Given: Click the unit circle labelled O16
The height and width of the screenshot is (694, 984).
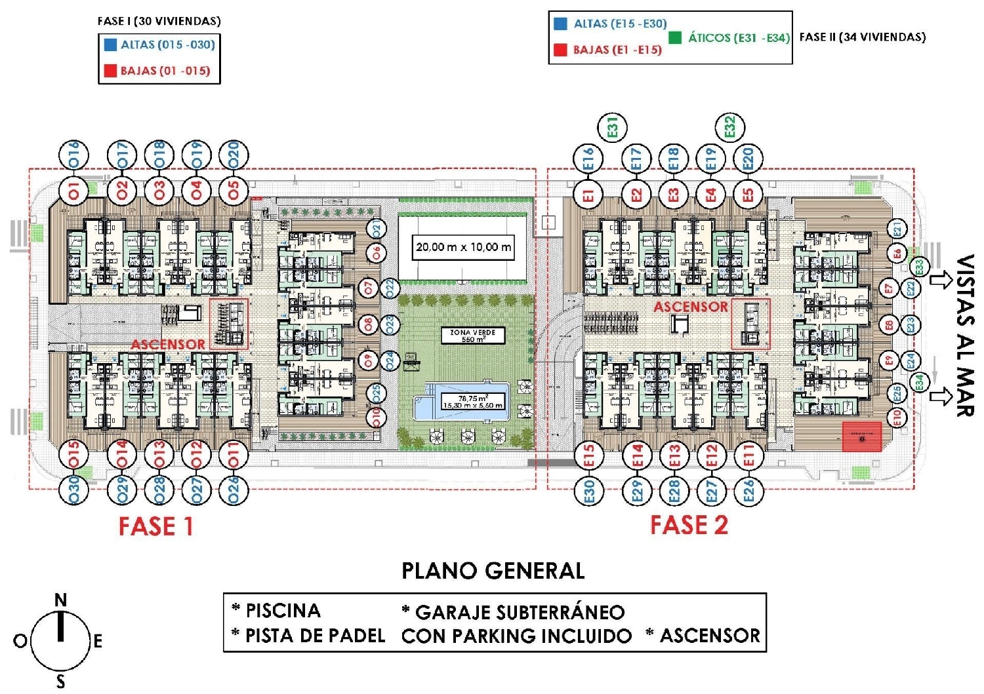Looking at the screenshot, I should (73, 156).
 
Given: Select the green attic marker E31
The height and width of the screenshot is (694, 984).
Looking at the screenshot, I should (613, 127).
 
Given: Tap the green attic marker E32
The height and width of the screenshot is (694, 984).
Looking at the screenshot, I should (729, 126).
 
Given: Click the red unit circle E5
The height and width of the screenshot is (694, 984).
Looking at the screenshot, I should (748, 195).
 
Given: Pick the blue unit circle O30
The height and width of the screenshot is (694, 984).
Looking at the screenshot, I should (73, 489).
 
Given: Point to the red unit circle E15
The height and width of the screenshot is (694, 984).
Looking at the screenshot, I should (588, 455).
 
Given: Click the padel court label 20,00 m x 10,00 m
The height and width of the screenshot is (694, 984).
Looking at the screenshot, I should (463, 248).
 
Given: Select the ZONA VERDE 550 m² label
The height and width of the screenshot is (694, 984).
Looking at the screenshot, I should (472, 336).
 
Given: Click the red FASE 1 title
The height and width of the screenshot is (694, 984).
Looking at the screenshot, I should (156, 526).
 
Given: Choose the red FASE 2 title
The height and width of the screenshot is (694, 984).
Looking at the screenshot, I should (689, 525).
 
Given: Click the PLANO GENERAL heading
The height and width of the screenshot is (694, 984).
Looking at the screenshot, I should (493, 571).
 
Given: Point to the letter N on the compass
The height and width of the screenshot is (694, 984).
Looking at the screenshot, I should (60, 600).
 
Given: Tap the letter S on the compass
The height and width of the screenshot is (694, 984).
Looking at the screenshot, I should (60, 682).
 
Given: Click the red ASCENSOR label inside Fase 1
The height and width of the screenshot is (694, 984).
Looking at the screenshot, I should (168, 344).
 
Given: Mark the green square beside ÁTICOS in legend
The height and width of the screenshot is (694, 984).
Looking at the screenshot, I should (674, 37).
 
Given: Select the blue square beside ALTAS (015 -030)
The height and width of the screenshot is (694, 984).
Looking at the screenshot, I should (110, 45).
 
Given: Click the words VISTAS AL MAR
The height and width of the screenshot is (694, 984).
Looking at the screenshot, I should (964, 336).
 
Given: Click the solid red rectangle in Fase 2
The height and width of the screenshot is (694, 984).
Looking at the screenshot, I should (861, 437).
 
